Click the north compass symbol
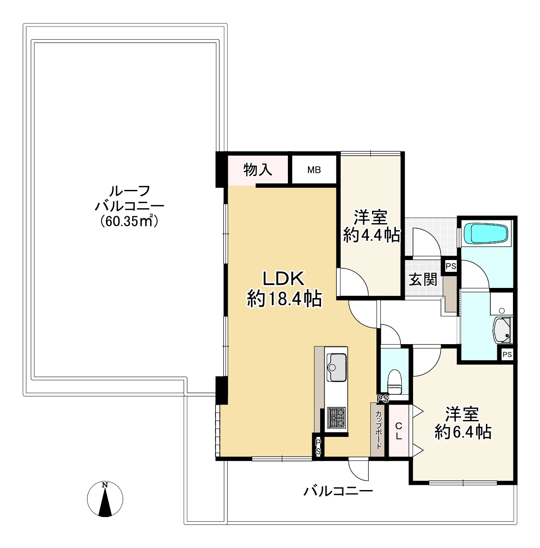(x=105, y=499)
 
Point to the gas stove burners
(x=336, y=417)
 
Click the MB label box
(x=314, y=170)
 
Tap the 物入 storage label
(x=258, y=169)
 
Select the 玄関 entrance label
(x=423, y=279)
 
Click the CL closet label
(x=399, y=430)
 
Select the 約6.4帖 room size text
(x=463, y=432)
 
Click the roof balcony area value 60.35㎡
(x=129, y=221)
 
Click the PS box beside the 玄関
(x=451, y=266)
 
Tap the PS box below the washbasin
(x=506, y=355)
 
